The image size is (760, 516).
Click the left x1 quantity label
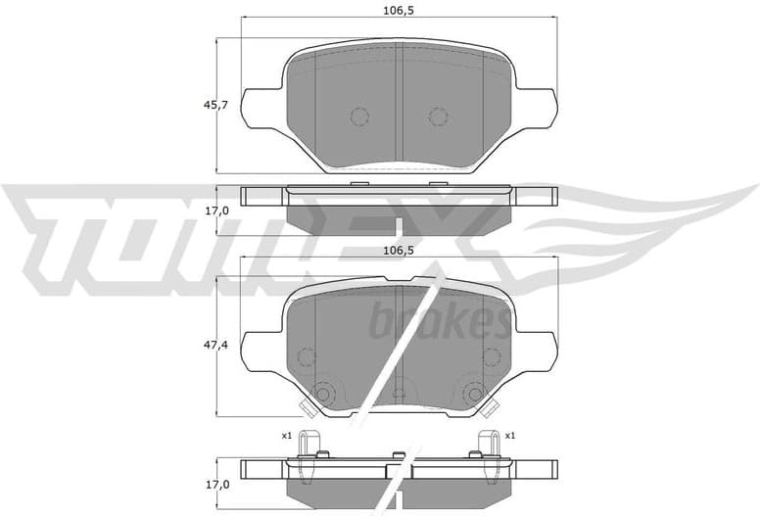[287, 435]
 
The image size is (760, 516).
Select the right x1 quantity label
[510, 435]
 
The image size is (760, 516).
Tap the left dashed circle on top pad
[358, 117]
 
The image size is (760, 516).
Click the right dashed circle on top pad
[438, 117]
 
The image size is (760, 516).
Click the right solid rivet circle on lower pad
[475, 394]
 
